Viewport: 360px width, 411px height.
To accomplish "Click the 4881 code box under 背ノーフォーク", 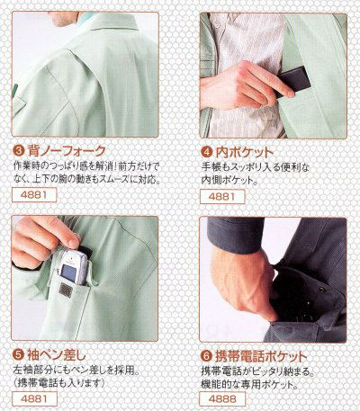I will point(31,197).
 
